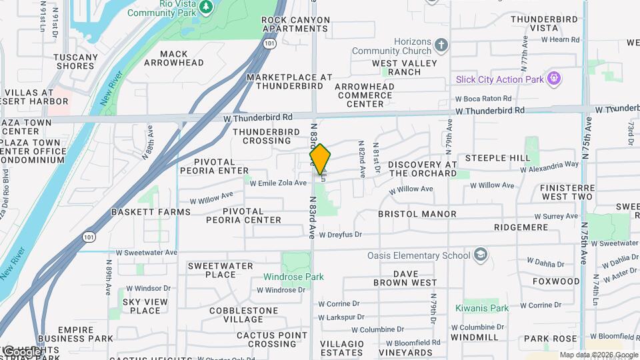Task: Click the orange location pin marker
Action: tap(320, 159)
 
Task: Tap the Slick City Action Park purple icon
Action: tap(553, 79)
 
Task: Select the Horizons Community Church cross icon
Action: tap(440, 46)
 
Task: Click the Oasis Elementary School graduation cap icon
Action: tap(480, 255)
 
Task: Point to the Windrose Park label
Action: tap(293, 277)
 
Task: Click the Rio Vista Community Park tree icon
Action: tap(207, 7)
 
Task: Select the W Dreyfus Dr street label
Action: tap(340, 235)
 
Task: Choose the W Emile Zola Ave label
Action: tap(278, 183)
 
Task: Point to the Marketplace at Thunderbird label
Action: tap(289, 81)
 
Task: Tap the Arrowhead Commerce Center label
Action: tap(364, 95)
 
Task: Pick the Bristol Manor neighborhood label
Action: tap(417, 214)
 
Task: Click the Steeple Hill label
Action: tap(497, 158)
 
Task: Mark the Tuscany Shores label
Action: tap(75, 61)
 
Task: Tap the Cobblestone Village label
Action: tap(241, 315)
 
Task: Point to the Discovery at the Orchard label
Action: tap(423, 169)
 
